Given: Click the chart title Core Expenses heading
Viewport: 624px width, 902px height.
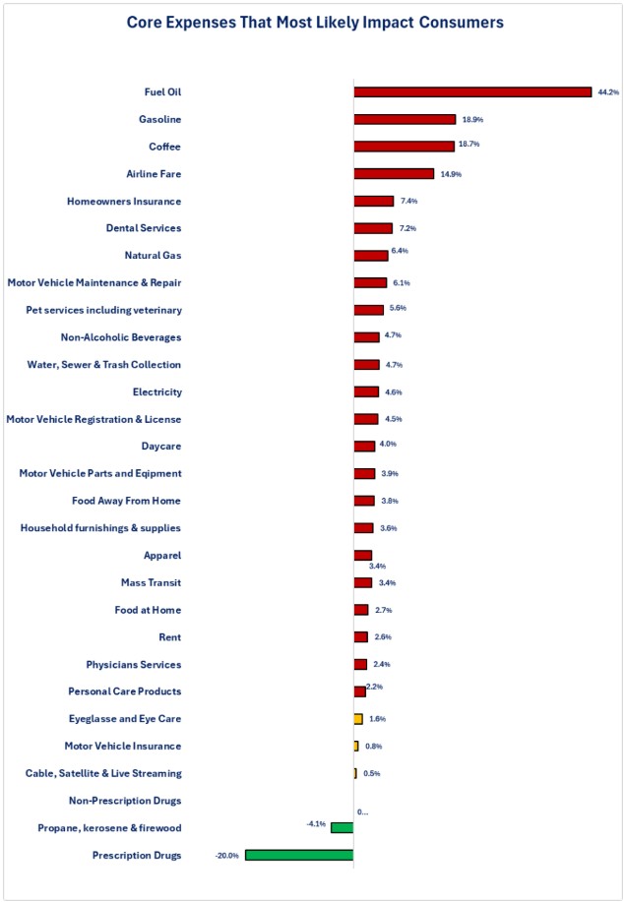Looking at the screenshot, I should pyautogui.click(x=311, y=21).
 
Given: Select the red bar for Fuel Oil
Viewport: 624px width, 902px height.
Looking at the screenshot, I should pyautogui.click(x=472, y=91).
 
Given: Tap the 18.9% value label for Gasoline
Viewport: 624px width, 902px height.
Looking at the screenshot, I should pyautogui.click(x=472, y=119).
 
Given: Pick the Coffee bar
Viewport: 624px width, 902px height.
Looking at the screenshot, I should pyautogui.click(x=404, y=146).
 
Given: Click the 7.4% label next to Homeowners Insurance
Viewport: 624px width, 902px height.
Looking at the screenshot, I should pyautogui.click(x=409, y=201).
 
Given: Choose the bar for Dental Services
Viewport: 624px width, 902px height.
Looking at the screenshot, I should pyautogui.click(x=373, y=228).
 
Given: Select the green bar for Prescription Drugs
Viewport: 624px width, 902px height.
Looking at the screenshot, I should pyautogui.click(x=299, y=855).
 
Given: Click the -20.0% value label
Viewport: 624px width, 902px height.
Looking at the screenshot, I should pyautogui.click(x=227, y=856).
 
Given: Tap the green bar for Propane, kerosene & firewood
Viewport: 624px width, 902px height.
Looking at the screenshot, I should pyautogui.click(x=342, y=828).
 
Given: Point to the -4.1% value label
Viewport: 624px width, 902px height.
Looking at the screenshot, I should pyautogui.click(x=316, y=823).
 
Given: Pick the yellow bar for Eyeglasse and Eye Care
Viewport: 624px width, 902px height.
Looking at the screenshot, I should pyautogui.click(x=358, y=719).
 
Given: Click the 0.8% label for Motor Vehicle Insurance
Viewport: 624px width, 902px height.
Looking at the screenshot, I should pyautogui.click(x=374, y=747).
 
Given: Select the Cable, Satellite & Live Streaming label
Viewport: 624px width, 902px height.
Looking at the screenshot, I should pyautogui.click(x=103, y=773).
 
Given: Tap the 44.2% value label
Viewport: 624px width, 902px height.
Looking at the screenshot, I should pyautogui.click(x=608, y=92).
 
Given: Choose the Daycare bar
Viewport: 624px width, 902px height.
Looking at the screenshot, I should pyautogui.click(x=364, y=447).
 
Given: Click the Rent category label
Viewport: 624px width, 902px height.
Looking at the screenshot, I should pyautogui.click(x=169, y=637).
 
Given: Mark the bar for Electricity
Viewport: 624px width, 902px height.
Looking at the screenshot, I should pyautogui.click(x=366, y=391).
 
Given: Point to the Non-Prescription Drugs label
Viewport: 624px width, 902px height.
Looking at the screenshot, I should pyautogui.click(x=124, y=801).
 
